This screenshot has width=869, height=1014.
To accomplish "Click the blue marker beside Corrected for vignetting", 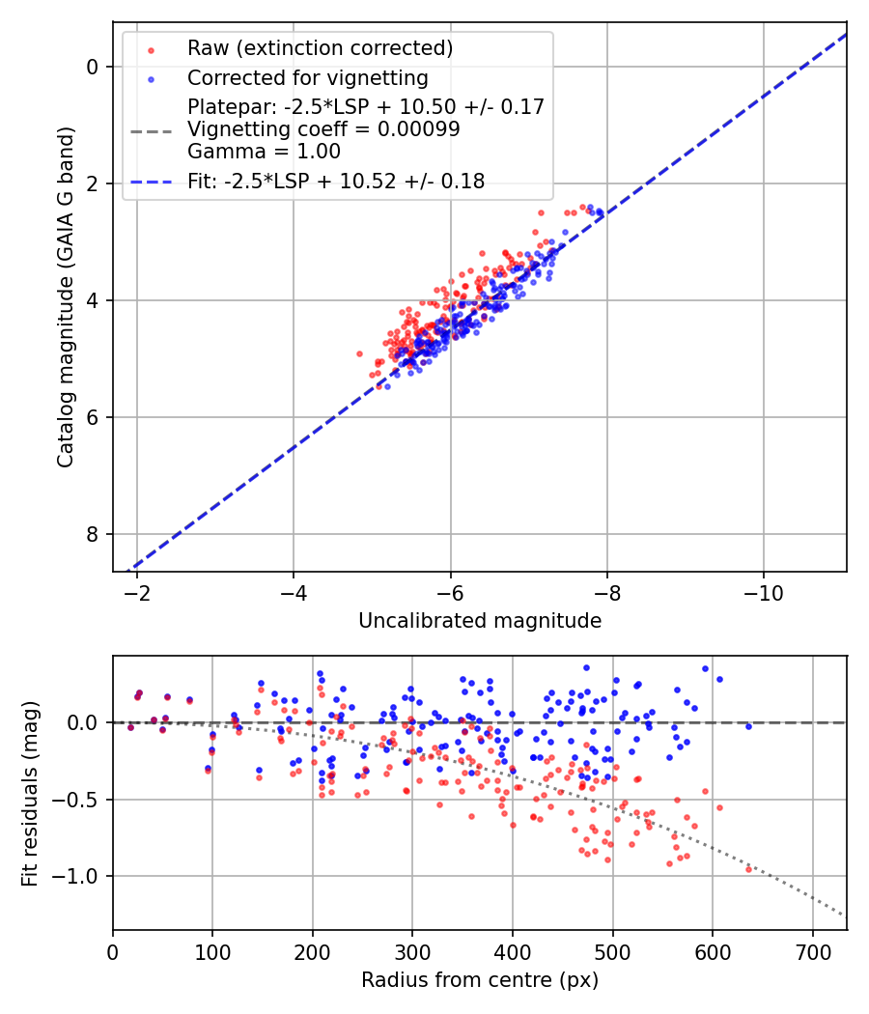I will tap(150, 78).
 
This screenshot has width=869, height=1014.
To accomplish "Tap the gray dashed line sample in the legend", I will tap(150, 129).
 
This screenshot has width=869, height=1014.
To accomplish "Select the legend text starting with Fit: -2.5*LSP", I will tap(336, 181).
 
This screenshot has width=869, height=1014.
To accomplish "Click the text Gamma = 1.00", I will tap(264, 151).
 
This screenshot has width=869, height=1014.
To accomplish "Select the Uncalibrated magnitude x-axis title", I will tap(480, 621).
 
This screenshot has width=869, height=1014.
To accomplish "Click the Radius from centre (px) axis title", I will tap(480, 980).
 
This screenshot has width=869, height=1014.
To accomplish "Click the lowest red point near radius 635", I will tap(748, 869).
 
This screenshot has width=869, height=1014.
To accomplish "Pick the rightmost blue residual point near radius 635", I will tap(748, 726).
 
